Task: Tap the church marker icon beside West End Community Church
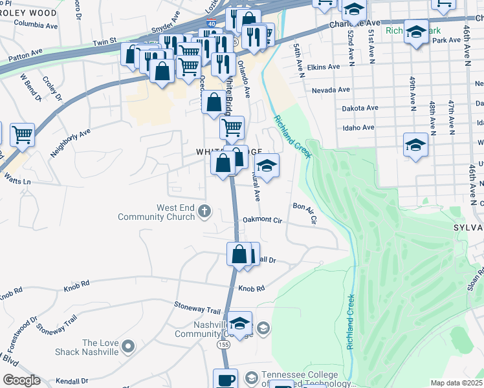[204, 210]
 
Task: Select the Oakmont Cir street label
[263, 220]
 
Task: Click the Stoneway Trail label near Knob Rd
[197, 306]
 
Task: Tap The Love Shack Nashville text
[100, 347]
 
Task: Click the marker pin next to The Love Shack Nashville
[128, 347]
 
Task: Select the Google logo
[21, 380]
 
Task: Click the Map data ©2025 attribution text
[456, 383]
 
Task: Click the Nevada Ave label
[331, 91]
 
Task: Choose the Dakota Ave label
[360, 108]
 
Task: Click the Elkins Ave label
[324, 67]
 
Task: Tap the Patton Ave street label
[26, 58]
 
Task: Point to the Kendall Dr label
[71, 381]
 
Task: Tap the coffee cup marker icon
[225, 379]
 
